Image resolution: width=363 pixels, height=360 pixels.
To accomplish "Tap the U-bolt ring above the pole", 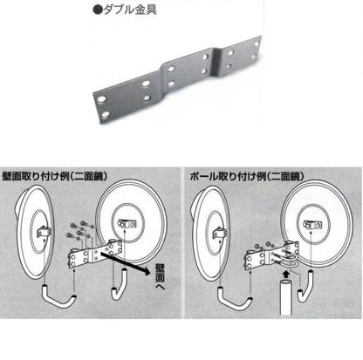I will point(284,259).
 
